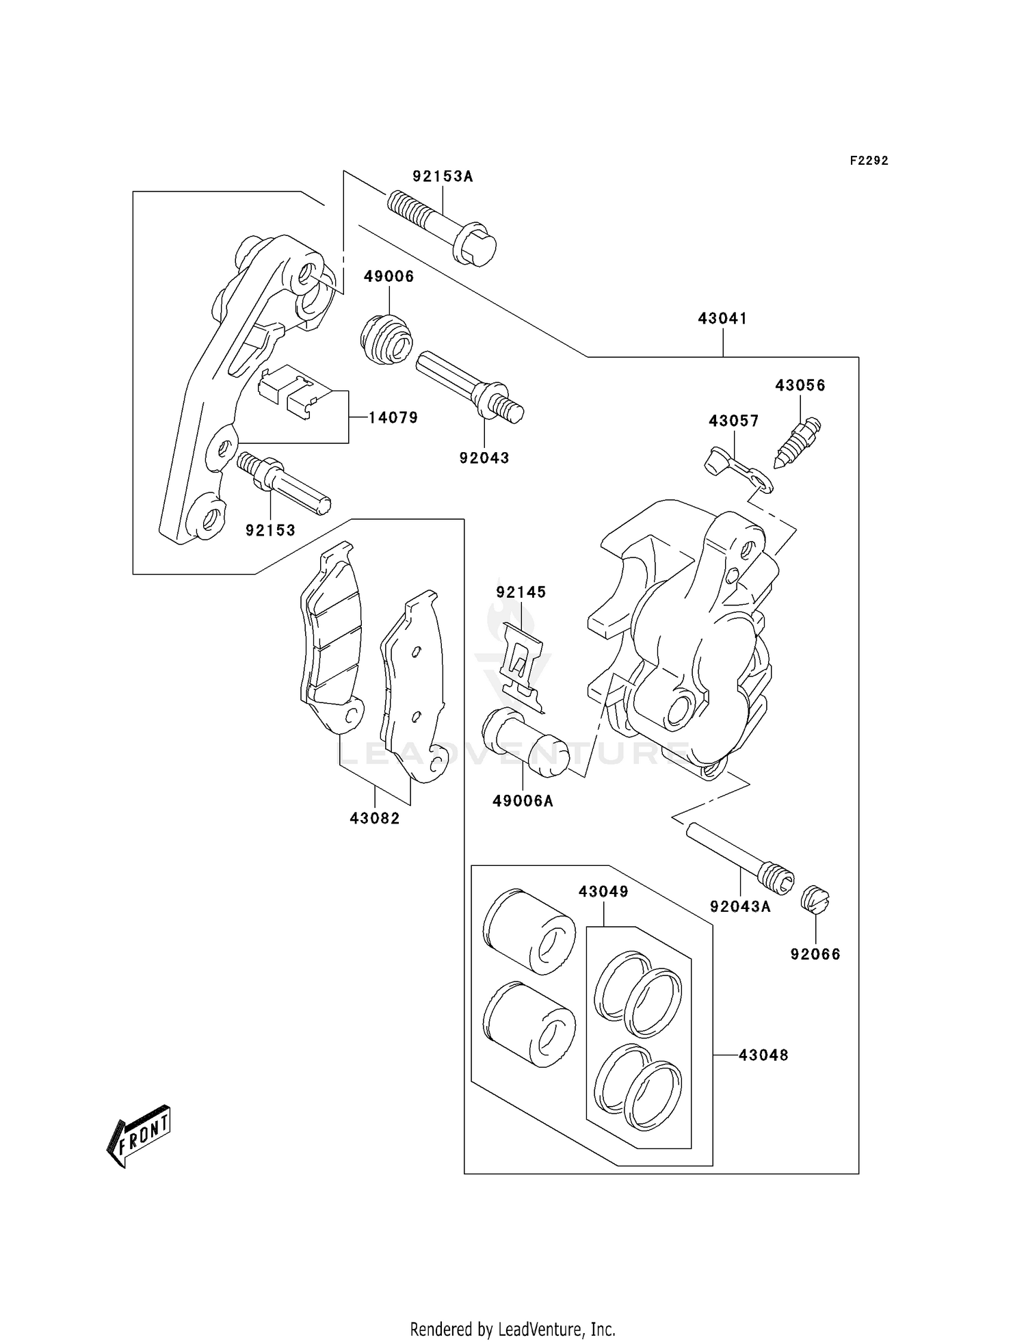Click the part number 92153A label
(x=443, y=176)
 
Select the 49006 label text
(x=389, y=276)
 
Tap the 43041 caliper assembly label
(x=722, y=318)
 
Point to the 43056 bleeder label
(x=800, y=385)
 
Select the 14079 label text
(x=393, y=417)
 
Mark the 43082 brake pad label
(x=375, y=817)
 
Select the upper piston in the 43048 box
(x=529, y=930)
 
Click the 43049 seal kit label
(x=603, y=891)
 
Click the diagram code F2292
(x=869, y=161)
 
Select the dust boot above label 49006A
(x=525, y=743)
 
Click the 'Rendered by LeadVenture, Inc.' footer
(x=512, y=1329)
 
